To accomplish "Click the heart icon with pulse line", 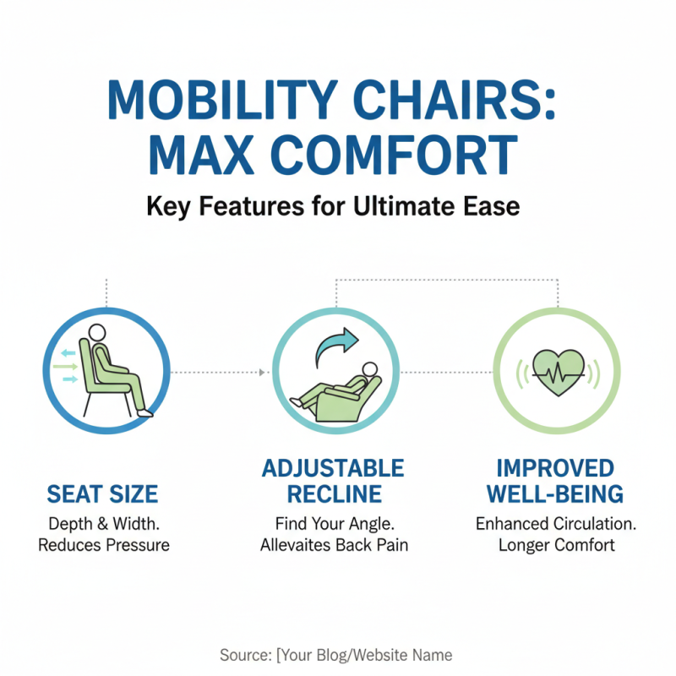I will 557,370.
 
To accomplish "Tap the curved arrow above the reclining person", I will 337,346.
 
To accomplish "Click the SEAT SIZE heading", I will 102,493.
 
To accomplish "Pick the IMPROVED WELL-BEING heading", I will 559,481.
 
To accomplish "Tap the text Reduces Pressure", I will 103,545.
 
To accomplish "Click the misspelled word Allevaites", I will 303,545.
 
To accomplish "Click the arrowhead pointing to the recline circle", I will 263,372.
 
